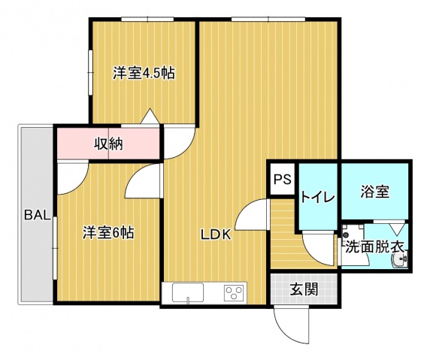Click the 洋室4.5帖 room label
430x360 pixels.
(x=144, y=74)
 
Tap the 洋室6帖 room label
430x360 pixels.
(x=109, y=233)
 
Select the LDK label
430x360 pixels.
(x=215, y=234)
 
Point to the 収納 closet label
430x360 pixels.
(x=108, y=144)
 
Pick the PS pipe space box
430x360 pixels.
(x=282, y=180)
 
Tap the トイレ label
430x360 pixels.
(x=318, y=197)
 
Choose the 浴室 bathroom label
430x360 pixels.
(x=374, y=192)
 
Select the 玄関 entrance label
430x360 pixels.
(x=303, y=287)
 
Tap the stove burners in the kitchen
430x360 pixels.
(x=235, y=292)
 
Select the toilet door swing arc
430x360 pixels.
(x=318, y=248)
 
